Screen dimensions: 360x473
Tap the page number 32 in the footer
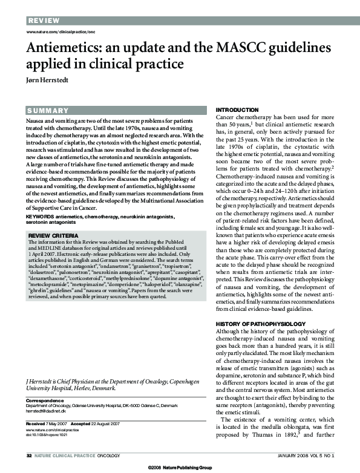tap(29, 455)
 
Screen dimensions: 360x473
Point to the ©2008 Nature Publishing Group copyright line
tap(180, 468)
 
